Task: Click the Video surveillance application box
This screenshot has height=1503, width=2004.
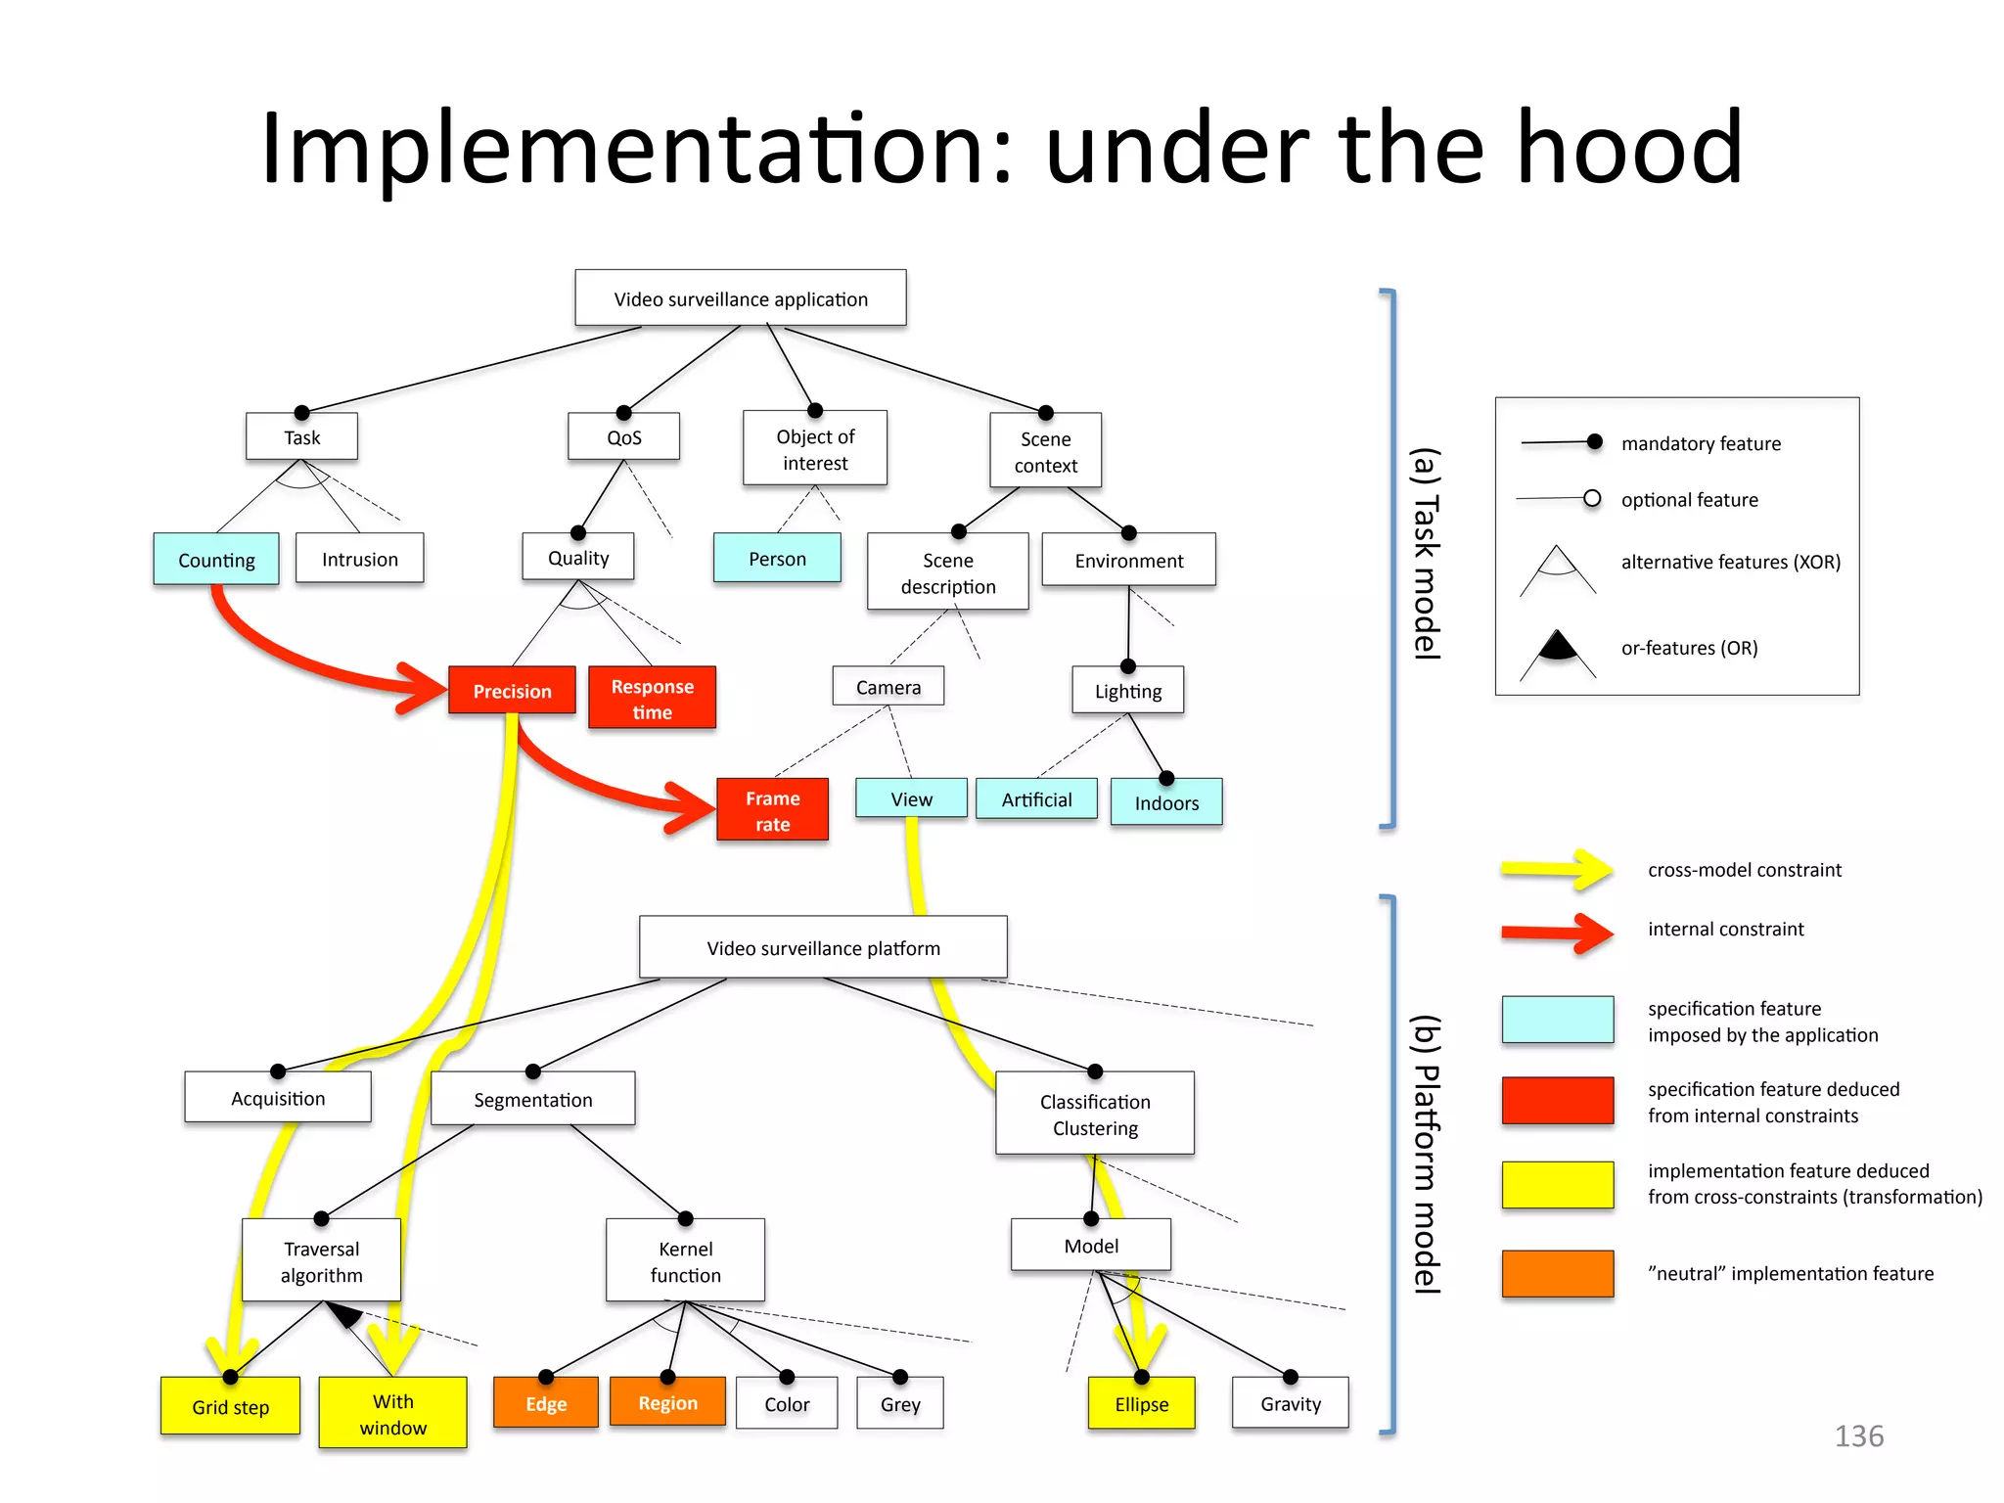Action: click(x=741, y=298)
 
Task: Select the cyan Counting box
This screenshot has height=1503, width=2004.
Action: click(x=216, y=560)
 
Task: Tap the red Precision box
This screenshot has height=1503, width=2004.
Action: click(x=512, y=691)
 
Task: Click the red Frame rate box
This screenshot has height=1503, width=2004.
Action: click(x=772, y=810)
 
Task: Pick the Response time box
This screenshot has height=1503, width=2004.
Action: click(x=652, y=699)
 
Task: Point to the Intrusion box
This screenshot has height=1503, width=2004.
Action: click(x=359, y=559)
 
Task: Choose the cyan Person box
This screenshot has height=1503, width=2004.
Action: click(x=777, y=559)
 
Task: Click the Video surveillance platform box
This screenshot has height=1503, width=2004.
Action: click(x=823, y=947)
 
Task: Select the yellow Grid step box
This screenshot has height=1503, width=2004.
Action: click(x=230, y=1406)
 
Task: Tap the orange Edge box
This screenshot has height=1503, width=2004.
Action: click(x=546, y=1403)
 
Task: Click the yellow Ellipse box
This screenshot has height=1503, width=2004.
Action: click(x=1141, y=1403)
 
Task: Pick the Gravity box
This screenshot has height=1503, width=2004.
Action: click(x=1290, y=1403)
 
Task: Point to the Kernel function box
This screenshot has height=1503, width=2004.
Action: click(x=685, y=1261)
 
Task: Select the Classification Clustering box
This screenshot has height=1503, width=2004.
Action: click(x=1094, y=1115)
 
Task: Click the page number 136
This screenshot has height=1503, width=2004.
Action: click(x=1858, y=1435)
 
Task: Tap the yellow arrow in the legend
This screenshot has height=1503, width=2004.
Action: click(x=1557, y=869)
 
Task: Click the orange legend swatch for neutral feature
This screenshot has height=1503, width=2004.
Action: click(x=1557, y=1273)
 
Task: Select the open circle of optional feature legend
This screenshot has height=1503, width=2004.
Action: click(x=1592, y=498)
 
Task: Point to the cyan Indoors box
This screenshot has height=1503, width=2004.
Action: click(x=1166, y=802)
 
